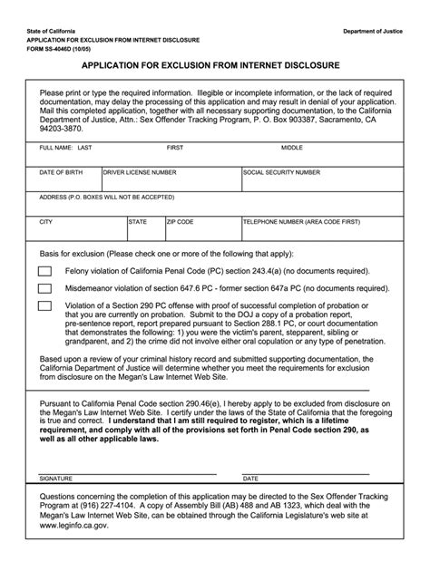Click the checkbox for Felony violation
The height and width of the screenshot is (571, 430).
coord(45,271)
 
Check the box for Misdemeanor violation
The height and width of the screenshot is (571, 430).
coord(45,288)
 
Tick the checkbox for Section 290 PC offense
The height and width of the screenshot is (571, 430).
coord(45,305)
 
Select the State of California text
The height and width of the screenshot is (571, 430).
coord(52,32)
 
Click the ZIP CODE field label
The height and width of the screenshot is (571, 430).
coord(180,220)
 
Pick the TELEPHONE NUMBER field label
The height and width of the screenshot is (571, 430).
coord(301,220)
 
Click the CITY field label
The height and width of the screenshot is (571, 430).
coord(45,220)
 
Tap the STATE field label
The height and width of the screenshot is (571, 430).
coord(138,220)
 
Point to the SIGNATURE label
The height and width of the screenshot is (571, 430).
coord(55,478)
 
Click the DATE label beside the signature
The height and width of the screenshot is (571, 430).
coord(251,478)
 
